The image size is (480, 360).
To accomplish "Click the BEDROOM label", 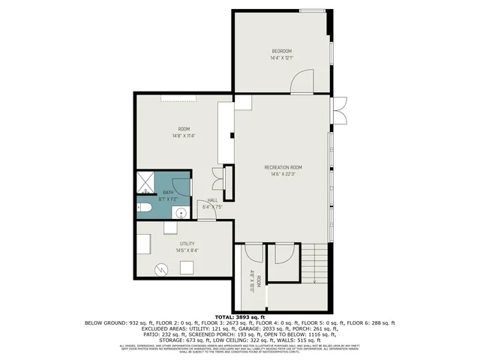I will point(281,50).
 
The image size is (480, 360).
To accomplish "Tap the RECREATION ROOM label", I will point(283,166).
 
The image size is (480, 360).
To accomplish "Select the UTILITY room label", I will point(187,244).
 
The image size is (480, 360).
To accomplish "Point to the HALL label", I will point(212,200).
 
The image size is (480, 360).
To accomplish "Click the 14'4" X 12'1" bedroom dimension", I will point(281,57).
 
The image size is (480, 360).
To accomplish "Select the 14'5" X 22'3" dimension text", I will point(283,173).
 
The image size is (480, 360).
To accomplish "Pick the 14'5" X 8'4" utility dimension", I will point(187,250).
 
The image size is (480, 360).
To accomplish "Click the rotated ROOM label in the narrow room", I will point(258,282).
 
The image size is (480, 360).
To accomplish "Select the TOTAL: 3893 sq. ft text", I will point(239,316).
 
